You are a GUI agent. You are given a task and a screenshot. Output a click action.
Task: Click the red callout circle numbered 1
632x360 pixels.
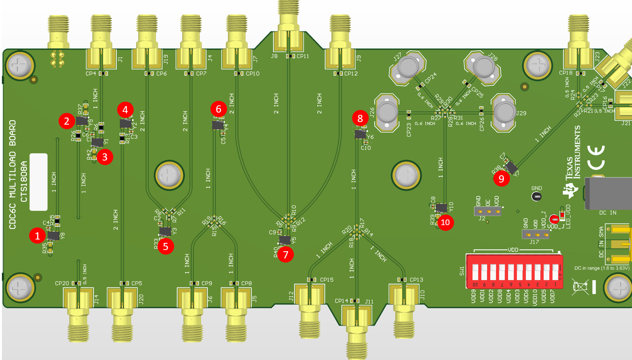(x=37, y=236)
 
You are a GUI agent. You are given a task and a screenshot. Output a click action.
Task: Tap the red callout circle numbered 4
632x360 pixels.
(x=125, y=110)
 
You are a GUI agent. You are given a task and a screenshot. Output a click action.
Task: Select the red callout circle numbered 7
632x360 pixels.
(x=286, y=255)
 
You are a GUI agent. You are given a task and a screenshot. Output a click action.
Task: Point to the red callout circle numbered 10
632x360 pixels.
(x=445, y=222)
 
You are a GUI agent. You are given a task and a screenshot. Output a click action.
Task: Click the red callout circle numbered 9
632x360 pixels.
(x=501, y=179)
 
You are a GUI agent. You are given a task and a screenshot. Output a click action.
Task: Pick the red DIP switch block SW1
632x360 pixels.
(x=515, y=271)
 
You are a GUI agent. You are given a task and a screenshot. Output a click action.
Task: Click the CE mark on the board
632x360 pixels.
(x=596, y=157)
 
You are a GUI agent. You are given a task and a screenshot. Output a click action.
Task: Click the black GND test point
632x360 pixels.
(x=536, y=196)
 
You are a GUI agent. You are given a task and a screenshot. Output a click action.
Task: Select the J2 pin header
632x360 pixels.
(x=488, y=211)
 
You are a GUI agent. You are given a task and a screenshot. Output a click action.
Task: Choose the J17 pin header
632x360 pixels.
(x=535, y=235)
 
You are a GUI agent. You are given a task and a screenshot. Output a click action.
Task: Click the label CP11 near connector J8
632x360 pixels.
(x=303, y=56)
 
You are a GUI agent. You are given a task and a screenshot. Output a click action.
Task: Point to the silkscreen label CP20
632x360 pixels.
(x=62, y=283)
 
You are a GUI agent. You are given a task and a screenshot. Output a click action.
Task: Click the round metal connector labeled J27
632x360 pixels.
(x=407, y=67)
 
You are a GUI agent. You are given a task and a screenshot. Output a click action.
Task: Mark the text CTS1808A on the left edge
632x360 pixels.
(x=24, y=182)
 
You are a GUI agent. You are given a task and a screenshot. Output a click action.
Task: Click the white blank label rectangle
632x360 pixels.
(x=39, y=182)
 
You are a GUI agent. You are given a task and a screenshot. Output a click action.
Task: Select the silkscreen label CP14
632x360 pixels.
(x=341, y=301)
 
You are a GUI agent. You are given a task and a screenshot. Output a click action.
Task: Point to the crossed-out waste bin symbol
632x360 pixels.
(x=580, y=287)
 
